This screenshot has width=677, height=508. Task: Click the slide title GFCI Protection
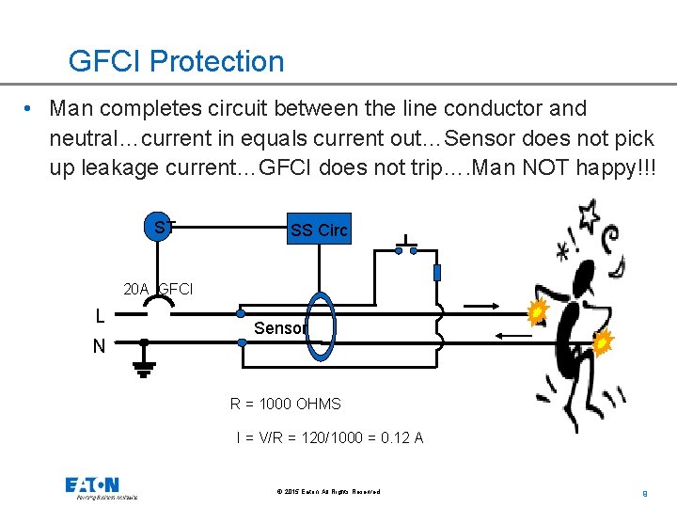coord(176,62)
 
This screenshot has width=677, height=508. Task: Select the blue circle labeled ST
coord(162,227)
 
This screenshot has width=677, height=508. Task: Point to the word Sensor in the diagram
coord(280,328)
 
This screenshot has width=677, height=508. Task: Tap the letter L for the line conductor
coord(100,316)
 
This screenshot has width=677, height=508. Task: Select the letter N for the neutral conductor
coord(99,346)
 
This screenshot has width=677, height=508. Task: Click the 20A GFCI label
coord(158,289)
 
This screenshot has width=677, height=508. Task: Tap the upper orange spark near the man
coord(537,311)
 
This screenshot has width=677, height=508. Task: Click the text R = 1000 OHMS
coord(286,404)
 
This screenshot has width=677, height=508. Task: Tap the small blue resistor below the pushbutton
coord(436,273)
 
